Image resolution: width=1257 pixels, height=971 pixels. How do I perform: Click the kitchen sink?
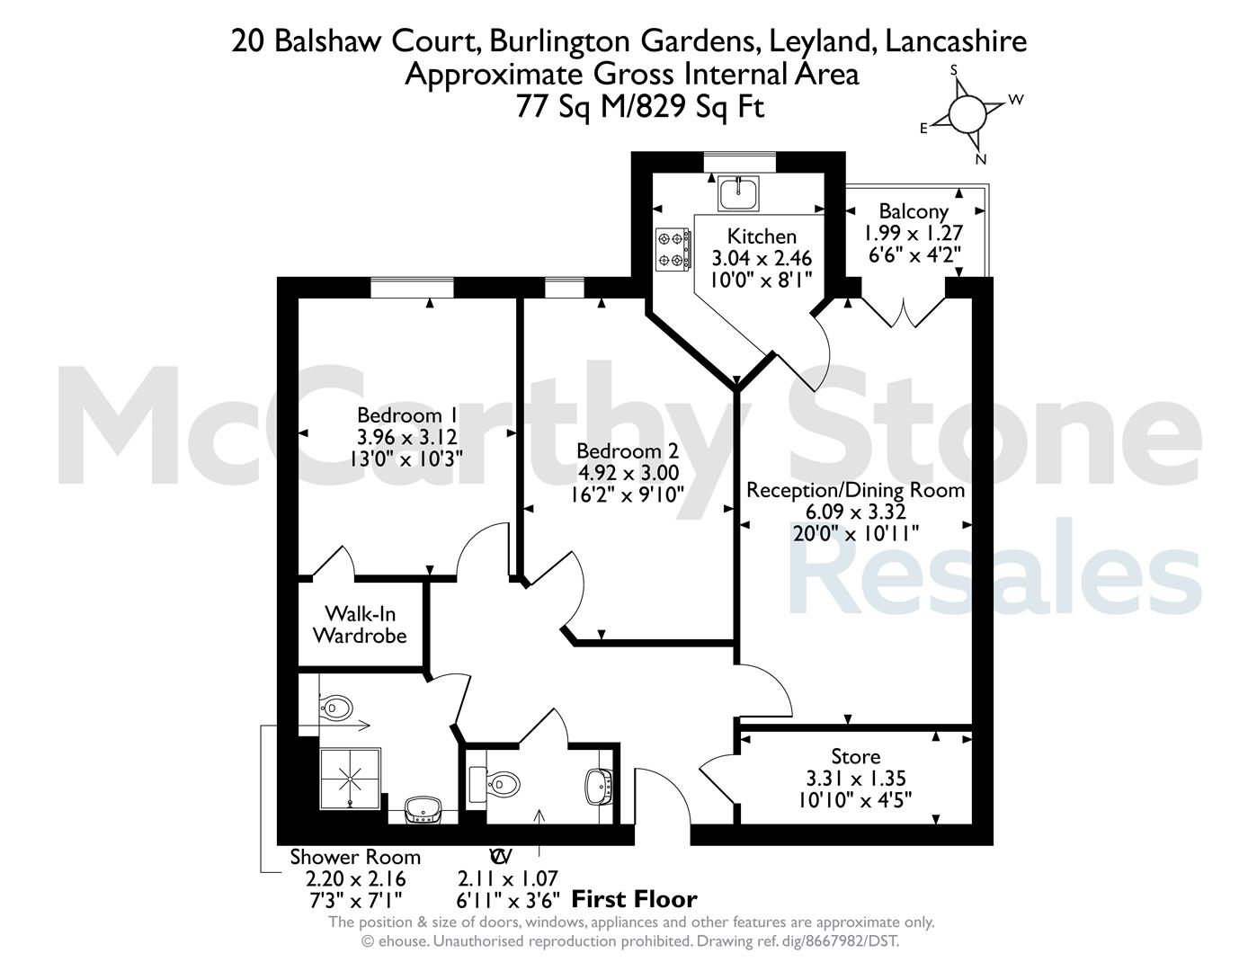[x=738, y=192]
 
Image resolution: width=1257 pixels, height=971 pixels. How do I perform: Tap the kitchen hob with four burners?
[x=673, y=249]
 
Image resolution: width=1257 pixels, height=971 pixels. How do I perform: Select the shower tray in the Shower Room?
[x=350, y=779]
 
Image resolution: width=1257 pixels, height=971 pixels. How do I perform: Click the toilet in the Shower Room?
[x=335, y=708]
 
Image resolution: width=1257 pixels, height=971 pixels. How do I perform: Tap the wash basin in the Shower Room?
[x=423, y=810]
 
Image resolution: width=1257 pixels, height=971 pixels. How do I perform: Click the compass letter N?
[x=980, y=160]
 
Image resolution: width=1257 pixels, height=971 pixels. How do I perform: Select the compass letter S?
[x=954, y=70]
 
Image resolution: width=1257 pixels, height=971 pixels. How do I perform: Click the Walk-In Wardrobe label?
[x=360, y=625]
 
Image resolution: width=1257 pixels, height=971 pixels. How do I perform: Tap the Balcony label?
[x=914, y=211]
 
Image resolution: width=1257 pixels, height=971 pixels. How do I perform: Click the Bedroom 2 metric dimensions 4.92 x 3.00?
[x=628, y=473]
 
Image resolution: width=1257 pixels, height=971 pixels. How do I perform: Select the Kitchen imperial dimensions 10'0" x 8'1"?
[x=762, y=280]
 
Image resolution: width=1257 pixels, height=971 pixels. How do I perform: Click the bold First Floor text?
[x=635, y=899]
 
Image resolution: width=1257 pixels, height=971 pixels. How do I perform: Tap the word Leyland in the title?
[x=819, y=41]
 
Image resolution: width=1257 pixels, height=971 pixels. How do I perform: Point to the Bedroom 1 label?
[x=407, y=414]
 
